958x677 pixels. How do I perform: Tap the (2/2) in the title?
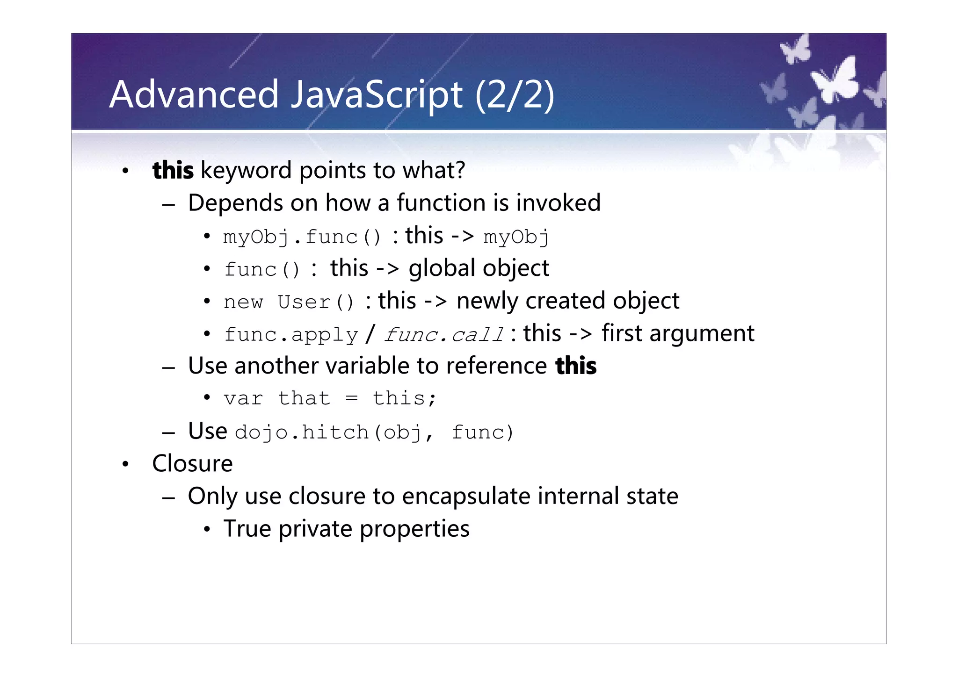(515, 95)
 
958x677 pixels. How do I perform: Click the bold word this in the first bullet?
(173, 170)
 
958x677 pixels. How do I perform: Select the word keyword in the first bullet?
(246, 170)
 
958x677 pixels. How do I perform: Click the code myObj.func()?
(302, 237)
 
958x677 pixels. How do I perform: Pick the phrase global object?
(479, 268)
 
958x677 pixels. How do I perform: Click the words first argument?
(678, 334)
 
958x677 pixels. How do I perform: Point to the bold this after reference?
(576, 366)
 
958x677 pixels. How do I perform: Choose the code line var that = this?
(330, 398)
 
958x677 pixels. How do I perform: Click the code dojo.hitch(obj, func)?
(374, 432)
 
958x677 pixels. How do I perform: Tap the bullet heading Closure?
(192, 464)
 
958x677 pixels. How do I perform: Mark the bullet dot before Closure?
(125, 465)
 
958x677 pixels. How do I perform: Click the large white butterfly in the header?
(835, 79)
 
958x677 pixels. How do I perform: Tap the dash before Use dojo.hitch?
(168, 433)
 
